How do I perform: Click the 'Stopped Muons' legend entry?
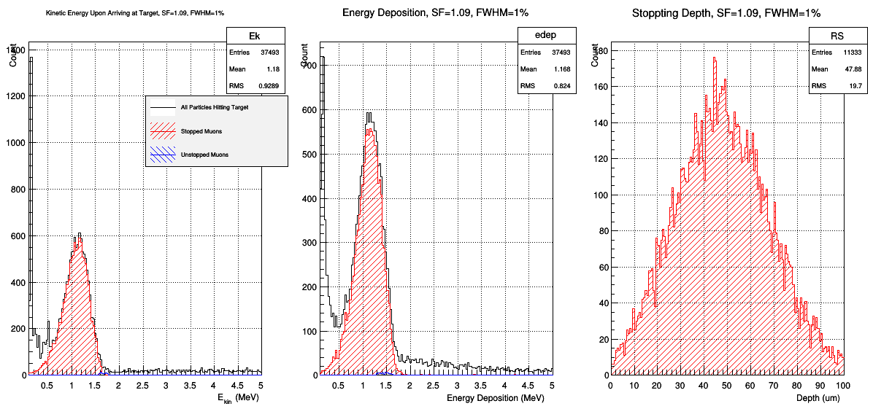click(x=202, y=131)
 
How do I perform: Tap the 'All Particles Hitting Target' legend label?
click(x=215, y=107)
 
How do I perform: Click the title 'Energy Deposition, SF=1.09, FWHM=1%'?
click(x=436, y=13)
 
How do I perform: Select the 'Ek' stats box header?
click(x=255, y=36)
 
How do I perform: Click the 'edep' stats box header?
click(x=547, y=36)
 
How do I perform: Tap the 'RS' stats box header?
click(x=837, y=36)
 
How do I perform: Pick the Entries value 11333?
click(x=853, y=52)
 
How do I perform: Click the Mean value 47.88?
click(x=853, y=69)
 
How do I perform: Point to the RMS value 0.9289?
click(x=270, y=86)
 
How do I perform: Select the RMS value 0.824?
click(x=562, y=86)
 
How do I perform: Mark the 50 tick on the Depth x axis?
click(x=726, y=386)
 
